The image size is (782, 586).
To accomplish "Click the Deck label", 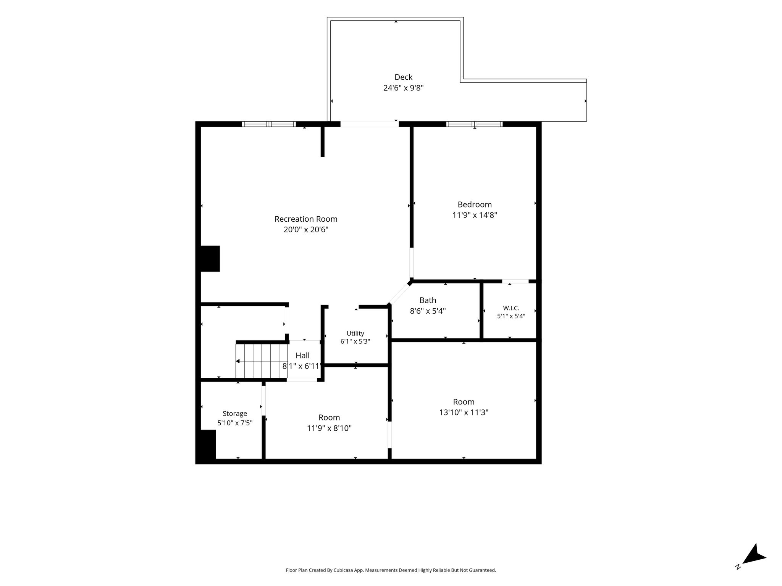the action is (404, 77).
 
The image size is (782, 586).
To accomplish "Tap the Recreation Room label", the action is (306, 219).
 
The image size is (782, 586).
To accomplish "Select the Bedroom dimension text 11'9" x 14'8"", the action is (475, 215).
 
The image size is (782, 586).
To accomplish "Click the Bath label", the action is (428, 300).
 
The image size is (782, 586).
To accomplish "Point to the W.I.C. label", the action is (511, 308).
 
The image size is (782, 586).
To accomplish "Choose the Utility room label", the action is (355, 333).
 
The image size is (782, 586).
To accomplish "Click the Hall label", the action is (302, 356).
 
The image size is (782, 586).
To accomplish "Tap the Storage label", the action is (235, 414).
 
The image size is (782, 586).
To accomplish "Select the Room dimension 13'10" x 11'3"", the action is (464, 412).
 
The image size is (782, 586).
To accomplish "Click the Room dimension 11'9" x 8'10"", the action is (329, 428).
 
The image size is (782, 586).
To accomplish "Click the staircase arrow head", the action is (238, 361).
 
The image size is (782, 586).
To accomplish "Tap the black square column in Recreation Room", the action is (210, 259).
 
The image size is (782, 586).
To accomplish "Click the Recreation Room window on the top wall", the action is (269, 124).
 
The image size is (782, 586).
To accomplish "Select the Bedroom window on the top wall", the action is (474, 124).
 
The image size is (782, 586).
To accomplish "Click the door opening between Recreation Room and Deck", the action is (370, 124).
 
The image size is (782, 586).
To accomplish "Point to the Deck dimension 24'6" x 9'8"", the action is (404, 88).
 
